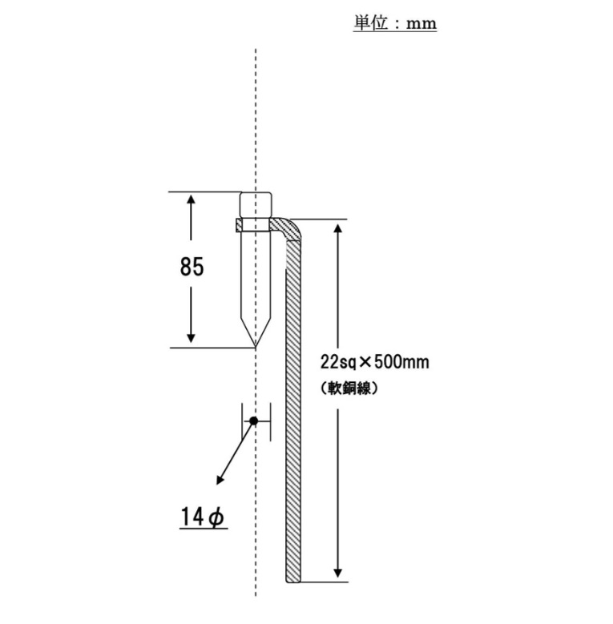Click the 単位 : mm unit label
coord(394,23)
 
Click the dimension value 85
coord(192,267)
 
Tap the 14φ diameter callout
coord(203,517)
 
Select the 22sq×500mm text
coord(374,362)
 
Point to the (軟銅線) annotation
coord(349,388)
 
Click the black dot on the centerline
coord(253,421)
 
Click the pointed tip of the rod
coord(256,346)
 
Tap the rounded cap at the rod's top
coord(256,204)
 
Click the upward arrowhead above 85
coord(191,200)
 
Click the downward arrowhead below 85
coord(191,337)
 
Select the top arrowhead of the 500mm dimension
coord(338,230)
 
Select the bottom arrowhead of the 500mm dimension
coord(338,572)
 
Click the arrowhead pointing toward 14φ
coord(220,480)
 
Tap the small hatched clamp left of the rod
coord(238,226)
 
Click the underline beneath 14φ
coord(204,529)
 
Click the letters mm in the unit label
coord(421,24)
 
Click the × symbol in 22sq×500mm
coord(365,362)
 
